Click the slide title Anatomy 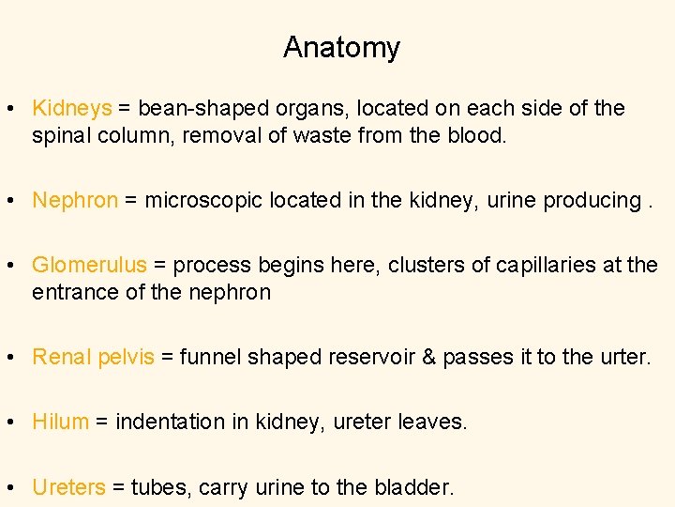(x=341, y=47)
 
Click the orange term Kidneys (x=72, y=109)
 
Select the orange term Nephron (x=75, y=200)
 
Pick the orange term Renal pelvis (x=93, y=357)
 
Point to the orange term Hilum (x=60, y=422)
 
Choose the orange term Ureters (x=68, y=487)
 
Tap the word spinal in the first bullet (x=59, y=135)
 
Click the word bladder (x=413, y=487)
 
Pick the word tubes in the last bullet (x=157, y=487)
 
